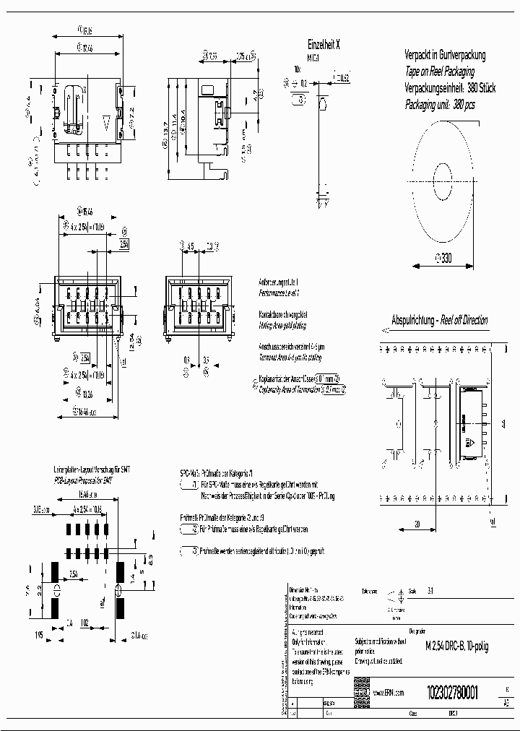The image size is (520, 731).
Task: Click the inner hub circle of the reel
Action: [441, 176]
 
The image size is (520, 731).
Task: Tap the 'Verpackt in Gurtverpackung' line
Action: [444, 55]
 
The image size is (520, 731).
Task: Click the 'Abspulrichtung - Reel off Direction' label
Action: [439, 320]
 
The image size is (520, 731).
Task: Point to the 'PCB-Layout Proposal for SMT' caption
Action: [83, 480]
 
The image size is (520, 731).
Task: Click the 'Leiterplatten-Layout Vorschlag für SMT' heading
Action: [83, 469]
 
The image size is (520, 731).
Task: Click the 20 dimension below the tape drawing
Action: [417, 524]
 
